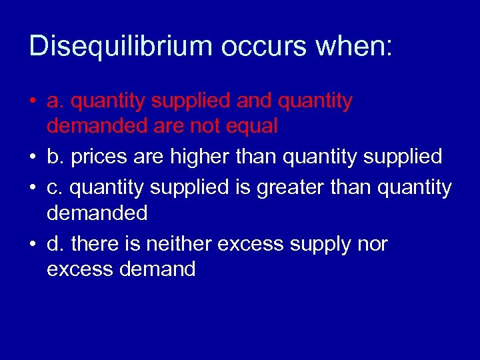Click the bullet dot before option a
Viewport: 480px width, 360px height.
point(33,102)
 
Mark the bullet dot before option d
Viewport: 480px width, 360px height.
point(33,245)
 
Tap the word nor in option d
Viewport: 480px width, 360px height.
point(371,244)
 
